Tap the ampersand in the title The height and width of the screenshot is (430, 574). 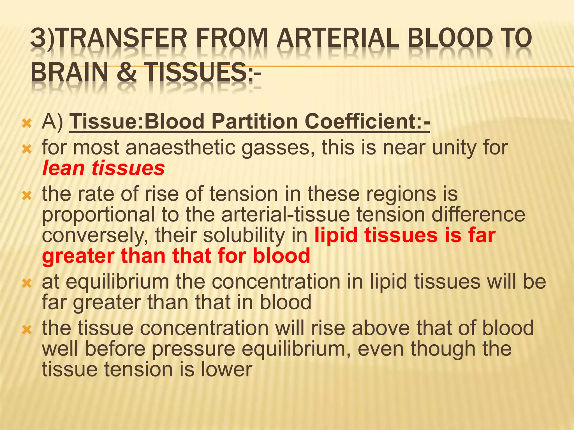127,72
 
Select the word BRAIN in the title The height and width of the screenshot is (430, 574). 69,72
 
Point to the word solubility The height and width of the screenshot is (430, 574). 244,235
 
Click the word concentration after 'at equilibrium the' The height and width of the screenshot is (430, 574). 276,282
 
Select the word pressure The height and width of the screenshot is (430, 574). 194,349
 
